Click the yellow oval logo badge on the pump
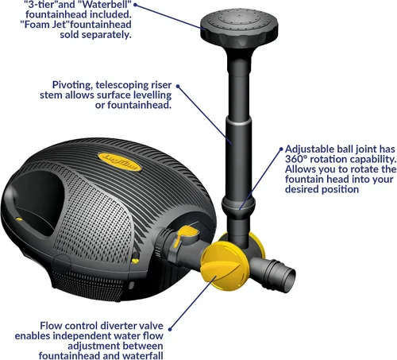(x=120, y=161)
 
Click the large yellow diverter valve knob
(x=224, y=269)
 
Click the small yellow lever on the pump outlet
(x=185, y=235)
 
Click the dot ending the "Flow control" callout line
(x=170, y=329)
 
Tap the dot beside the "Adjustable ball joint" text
(x=281, y=149)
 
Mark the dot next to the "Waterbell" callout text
(x=136, y=5)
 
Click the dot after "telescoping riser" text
(x=178, y=86)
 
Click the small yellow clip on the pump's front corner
(x=136, y=260)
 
